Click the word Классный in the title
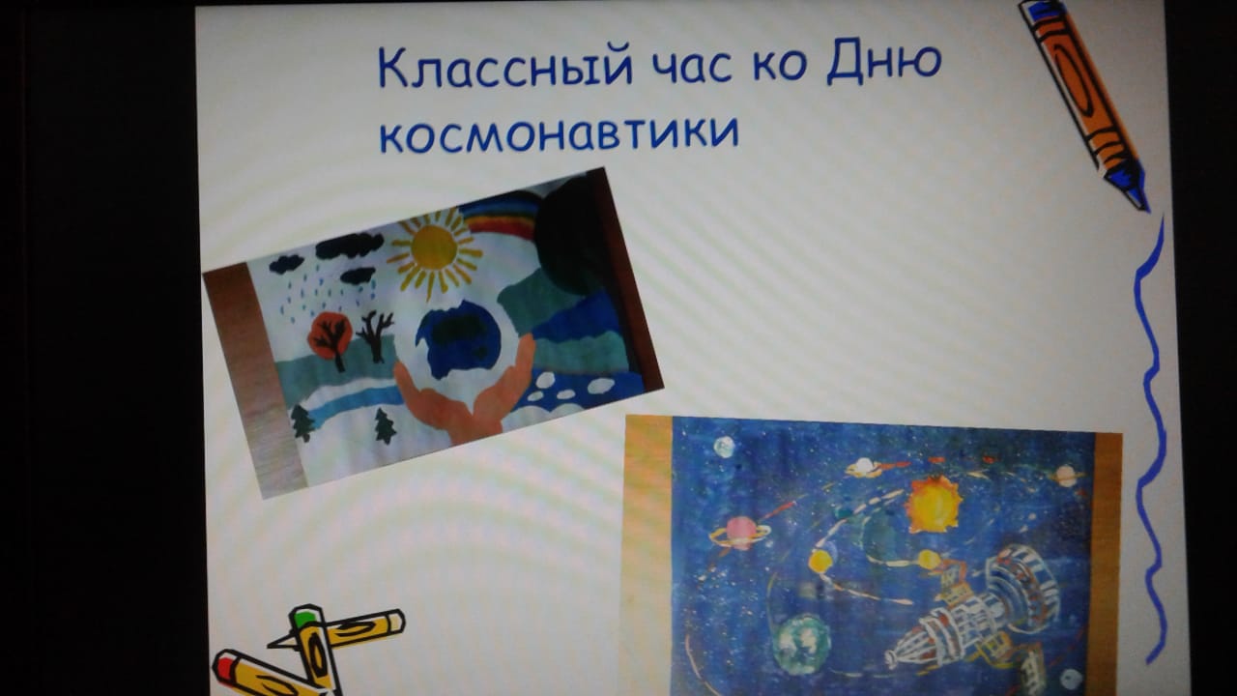tap(504, 68)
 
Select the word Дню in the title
tap(884, 62)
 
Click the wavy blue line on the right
tap(1150, 442)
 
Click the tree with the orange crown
tap(331, 338)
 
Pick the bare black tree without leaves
tap(376, 334)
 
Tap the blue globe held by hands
tap(457, 338)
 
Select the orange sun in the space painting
tap(935, 505)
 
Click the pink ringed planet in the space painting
tap(740, 532)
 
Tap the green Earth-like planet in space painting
tap(801, 644)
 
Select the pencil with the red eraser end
tap(264, 675)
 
